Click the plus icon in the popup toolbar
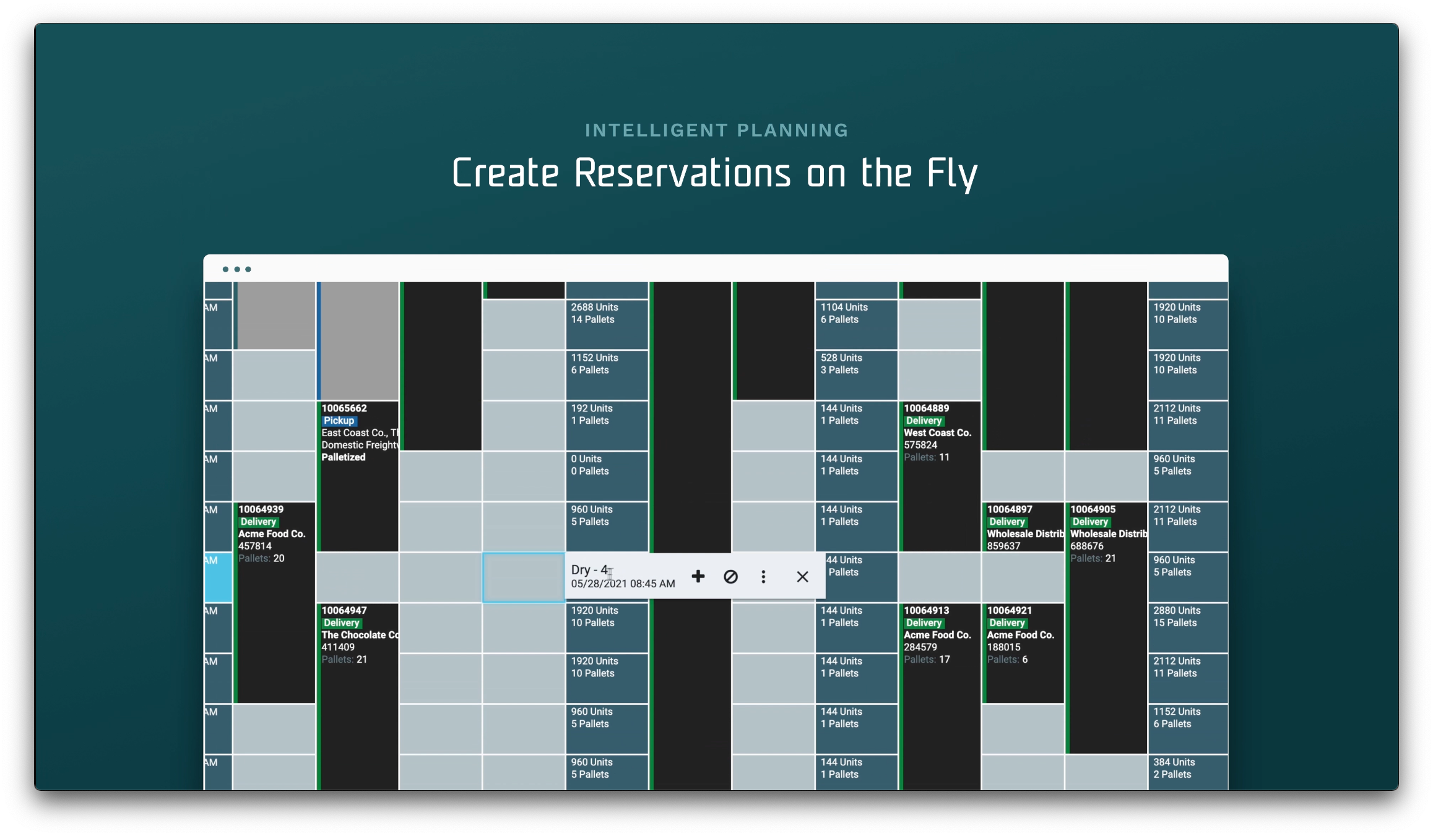[x=698, y=577]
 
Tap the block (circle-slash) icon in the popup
[x=730, y=577]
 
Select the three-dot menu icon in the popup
[x=763, y=577]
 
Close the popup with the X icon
[x=802, y=577]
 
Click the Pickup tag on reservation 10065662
[x=339, y=421]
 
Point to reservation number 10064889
[x=926, y=408]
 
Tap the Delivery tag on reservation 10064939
[x=258, y=522]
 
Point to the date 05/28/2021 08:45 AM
[x=623, y=584]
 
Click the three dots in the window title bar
[x=236, y=269]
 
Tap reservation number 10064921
[x=1009, y=611]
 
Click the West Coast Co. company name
[x=937, y=433]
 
